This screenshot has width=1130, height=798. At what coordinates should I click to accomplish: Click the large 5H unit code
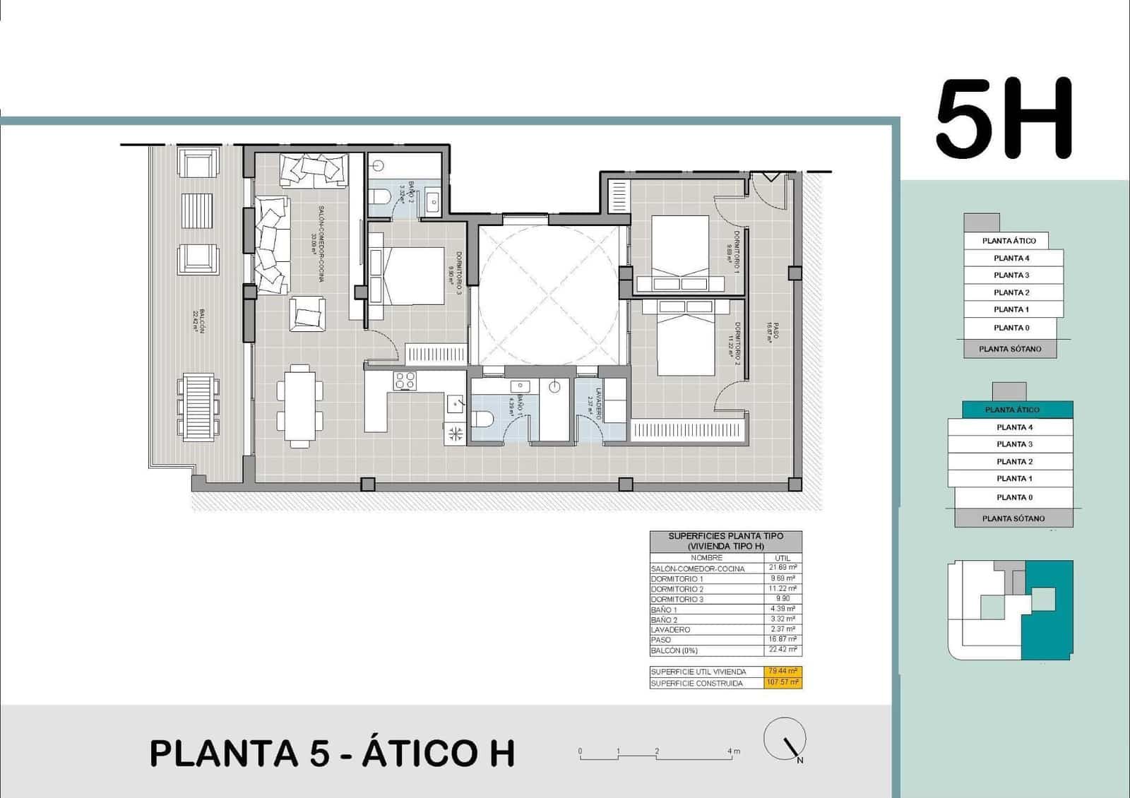1004,118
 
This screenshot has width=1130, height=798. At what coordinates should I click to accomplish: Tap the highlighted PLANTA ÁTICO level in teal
1012,410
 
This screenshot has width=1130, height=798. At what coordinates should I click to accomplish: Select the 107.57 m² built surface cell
783,683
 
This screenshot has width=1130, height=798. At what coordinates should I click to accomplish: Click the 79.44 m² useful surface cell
783,672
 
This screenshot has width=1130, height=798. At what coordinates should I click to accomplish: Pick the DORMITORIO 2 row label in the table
677,589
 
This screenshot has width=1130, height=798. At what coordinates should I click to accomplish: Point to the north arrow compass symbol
785,739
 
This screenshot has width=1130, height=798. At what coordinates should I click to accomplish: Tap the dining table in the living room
300,405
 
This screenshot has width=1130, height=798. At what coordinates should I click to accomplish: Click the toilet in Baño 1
484,419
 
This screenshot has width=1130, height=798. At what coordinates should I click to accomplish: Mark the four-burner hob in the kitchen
405,381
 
